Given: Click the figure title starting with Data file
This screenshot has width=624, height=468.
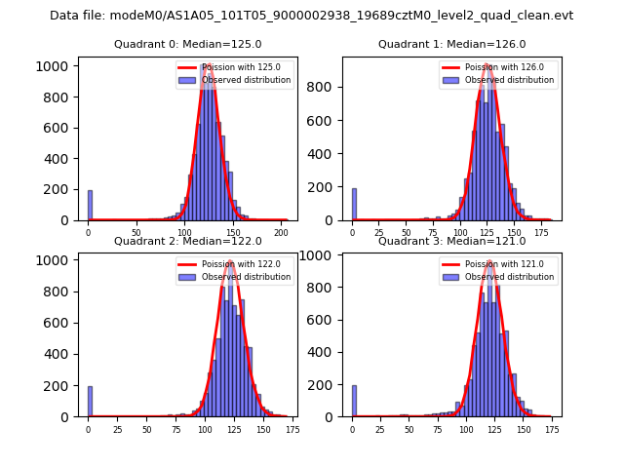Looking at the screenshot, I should tap(312, 16).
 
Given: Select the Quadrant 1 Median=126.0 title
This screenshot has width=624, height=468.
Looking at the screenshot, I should tap(451, 44).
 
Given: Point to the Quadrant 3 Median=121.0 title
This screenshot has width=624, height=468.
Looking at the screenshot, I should tap(451, 241).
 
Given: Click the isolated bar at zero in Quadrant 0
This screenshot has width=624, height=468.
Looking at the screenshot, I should tap(90, 206).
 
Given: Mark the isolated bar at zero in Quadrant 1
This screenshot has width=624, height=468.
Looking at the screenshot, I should tap(354, 205).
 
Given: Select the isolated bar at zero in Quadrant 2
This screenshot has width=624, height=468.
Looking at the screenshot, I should tap(90, 402).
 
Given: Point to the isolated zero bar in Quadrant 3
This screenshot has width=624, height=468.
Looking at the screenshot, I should tap(354, 401).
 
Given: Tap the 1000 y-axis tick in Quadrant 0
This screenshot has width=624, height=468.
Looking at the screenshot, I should tap(58, 66).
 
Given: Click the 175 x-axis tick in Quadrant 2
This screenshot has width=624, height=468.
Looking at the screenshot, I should tap(292, 428).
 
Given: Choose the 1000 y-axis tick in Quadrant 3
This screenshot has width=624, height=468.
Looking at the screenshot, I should tap(323, 256).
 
